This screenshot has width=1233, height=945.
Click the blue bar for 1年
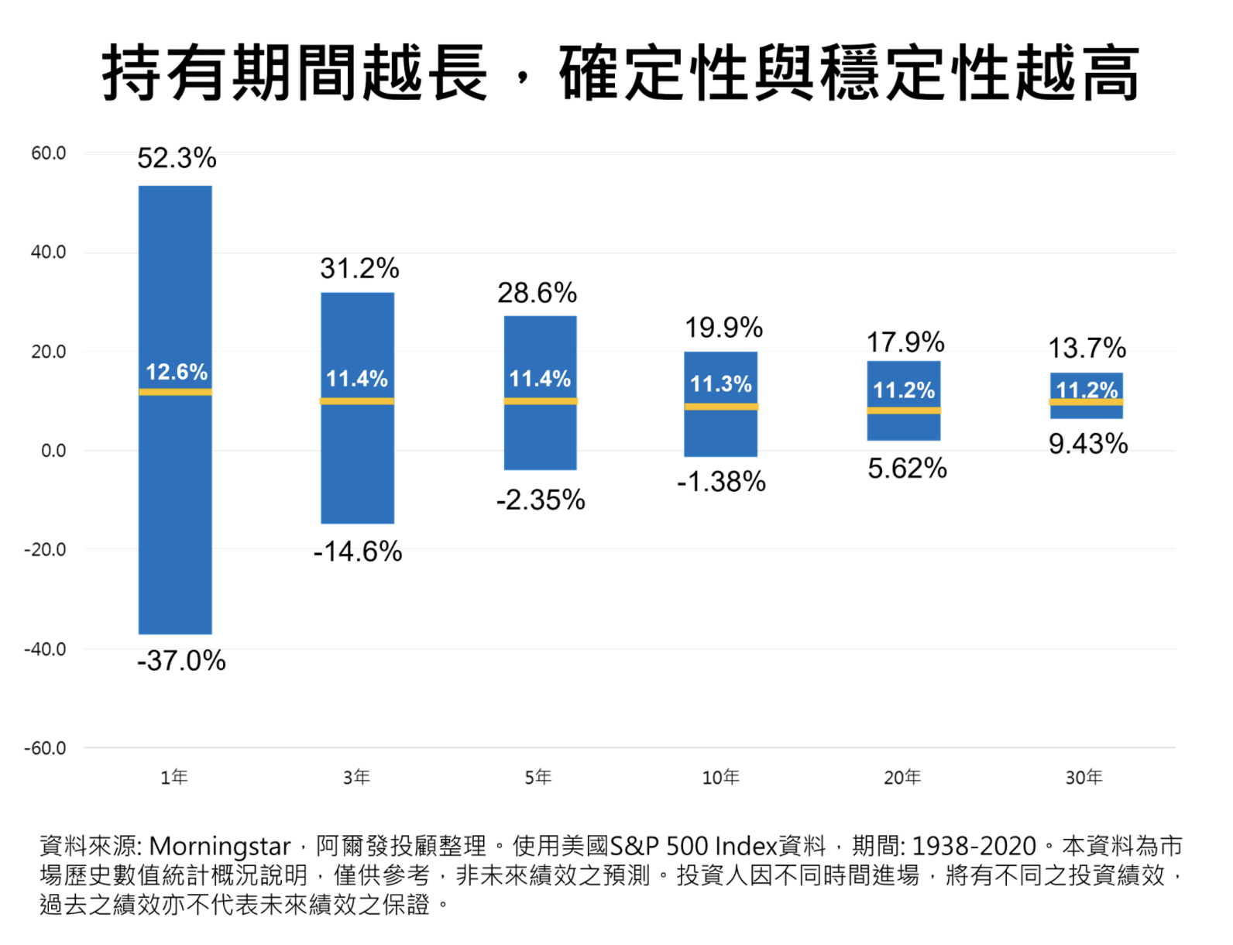[x=175, y=503]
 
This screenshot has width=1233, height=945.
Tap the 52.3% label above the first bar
[x=177, y=158]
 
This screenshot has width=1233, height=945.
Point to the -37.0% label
[x=181, y=661]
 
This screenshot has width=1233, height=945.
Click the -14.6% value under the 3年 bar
[x=358, y=552]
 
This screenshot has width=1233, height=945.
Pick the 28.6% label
[x=537, y=293]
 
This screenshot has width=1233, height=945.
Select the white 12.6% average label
[x=177, y=372]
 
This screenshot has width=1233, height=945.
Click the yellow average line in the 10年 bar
[x=721, y=407]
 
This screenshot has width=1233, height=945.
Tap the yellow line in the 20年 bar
[x=903, y=411]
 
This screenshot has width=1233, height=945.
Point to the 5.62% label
[x=907, y=469]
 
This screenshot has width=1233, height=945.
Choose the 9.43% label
[x=1087, y=444]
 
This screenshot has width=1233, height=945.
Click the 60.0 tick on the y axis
[x=48, y=153]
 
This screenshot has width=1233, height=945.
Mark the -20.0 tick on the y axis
[x=45, y=550]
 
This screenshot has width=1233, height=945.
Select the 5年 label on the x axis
[x=538, y=777]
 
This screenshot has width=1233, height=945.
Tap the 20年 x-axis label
[x=902, y=777]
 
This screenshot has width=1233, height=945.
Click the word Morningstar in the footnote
[x=219, y=846]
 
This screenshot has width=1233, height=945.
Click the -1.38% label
[x=721, y=482]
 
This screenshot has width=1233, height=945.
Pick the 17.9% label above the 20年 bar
[x=905, y=342]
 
